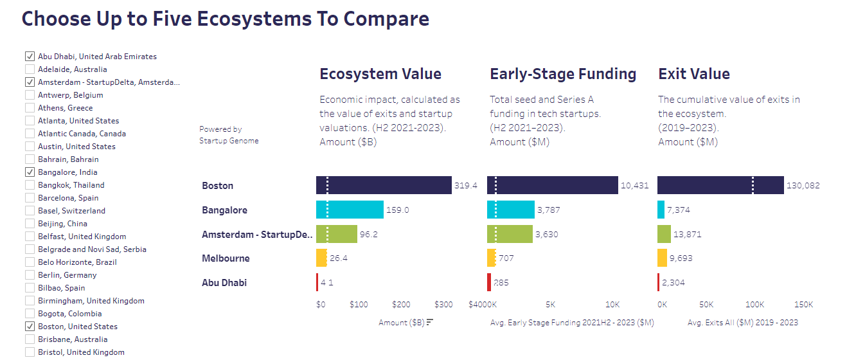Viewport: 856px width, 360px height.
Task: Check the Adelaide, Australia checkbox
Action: click(30, 69)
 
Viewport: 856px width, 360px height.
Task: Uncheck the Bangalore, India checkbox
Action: click(30, 172)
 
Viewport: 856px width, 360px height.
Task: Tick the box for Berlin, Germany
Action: click(30, 275)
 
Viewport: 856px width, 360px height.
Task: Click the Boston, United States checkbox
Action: click(30, 327)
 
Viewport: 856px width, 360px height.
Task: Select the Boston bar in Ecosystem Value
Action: click(384, 185)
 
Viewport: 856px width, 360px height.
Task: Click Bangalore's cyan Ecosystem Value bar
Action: click(350, 210)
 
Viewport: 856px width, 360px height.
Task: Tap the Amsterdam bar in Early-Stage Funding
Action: click(510, 234)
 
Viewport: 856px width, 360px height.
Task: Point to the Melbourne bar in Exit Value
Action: click(663, 258)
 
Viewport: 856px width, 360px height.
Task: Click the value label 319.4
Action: click(466, 186)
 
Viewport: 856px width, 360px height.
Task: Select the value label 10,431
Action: click(634, 186)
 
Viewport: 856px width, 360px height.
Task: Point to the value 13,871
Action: click(688, 235)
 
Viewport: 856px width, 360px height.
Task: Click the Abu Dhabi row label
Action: click(224, 283)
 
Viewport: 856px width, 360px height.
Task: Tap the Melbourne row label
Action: click(226, 258)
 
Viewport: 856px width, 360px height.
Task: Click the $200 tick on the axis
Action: click(401, 305)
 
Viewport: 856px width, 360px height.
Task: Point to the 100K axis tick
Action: click(754, 305)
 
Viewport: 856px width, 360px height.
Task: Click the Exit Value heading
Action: click(694, 74)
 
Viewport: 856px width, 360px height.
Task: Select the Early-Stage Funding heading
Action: click(563, 74)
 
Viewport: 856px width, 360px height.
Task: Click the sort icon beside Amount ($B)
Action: click(430, 322)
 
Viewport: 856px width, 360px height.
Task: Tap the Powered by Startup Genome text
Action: click(229, 135)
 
